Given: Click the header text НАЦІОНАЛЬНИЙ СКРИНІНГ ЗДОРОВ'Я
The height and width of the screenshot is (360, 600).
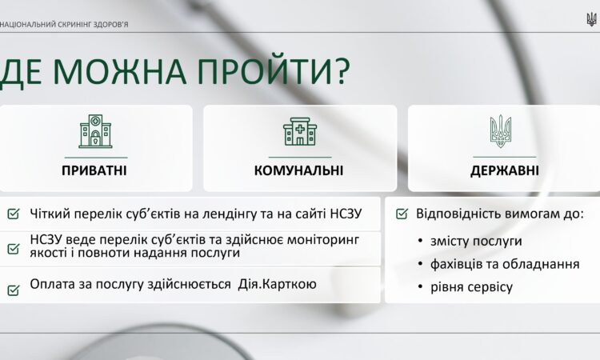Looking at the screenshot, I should [65, 24].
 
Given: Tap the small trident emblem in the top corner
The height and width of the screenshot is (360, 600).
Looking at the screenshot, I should [591, 18].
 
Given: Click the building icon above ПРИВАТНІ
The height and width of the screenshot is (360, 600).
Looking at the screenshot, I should [95, 132].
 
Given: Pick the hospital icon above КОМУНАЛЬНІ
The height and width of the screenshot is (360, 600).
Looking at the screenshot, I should [300, 132].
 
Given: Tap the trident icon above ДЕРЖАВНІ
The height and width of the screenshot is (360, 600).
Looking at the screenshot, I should [502, 131].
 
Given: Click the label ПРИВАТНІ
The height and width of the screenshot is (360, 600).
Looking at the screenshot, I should [94, 170].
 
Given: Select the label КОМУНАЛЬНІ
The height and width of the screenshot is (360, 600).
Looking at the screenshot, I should [299, 170].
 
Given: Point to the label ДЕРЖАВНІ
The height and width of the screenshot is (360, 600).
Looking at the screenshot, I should [504, 170].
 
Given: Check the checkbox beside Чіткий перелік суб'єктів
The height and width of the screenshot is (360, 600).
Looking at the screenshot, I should [14, 214].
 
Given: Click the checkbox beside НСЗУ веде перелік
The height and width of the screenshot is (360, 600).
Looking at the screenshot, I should [14, 248].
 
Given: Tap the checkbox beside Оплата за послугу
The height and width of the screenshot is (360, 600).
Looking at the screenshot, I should [14, 289].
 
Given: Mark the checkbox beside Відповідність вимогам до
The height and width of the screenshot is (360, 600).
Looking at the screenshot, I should [402, 214].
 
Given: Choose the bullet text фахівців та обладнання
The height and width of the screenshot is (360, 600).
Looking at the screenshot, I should [505, 263].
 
